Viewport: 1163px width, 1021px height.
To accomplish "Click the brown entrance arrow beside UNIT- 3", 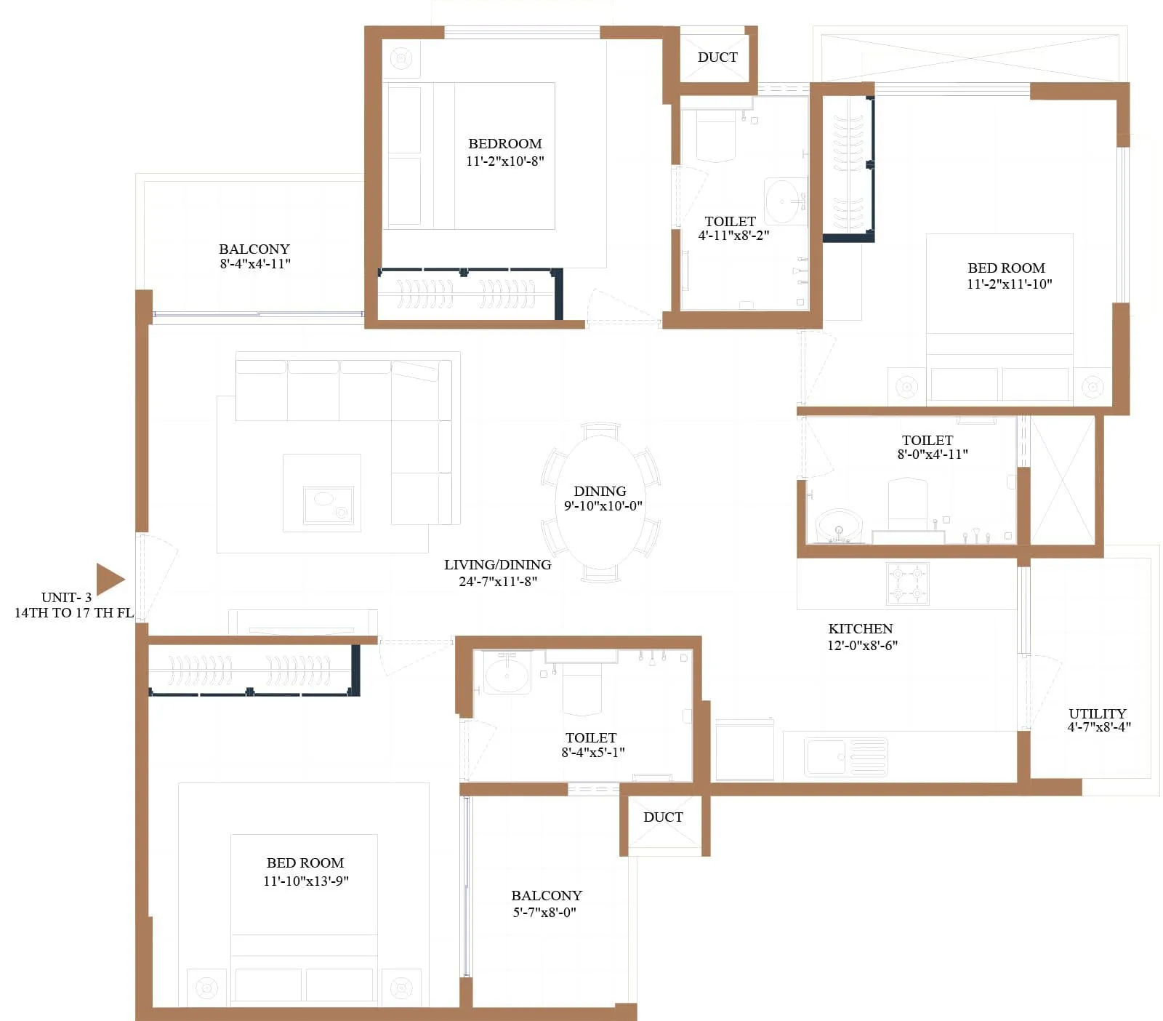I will coord(110,580).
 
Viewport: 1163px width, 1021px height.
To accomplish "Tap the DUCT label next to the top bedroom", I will coord(717,57).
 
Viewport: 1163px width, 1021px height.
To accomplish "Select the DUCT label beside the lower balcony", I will coord(663,817).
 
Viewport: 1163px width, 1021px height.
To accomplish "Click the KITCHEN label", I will coord(861,629).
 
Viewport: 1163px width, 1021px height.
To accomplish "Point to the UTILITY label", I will coord(1097,713).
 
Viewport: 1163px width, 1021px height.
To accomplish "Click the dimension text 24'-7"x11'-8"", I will coord(498,581).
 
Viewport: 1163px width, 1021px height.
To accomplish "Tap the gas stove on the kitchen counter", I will coord(907,583).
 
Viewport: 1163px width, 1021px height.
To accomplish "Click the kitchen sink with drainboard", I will coord(846,756).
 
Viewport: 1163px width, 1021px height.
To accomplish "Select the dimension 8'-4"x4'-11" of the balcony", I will coord(255,264).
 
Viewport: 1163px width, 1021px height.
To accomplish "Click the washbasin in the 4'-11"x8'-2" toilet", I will coord(785,200).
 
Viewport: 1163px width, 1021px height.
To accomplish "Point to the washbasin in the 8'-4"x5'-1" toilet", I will coord(507,673).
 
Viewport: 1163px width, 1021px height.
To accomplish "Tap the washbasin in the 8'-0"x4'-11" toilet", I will coord(839,525).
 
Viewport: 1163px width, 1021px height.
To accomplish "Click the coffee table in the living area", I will coord(322,492).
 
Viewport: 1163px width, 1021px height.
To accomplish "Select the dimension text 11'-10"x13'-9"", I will coord(306,881).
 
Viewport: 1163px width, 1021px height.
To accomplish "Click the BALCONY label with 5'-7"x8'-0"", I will coord(547,896).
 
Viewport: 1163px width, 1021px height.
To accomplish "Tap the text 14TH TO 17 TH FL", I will coord(74,613).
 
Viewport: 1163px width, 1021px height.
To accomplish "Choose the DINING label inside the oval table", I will coord(600,492).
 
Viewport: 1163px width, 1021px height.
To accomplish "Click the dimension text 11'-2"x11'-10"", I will coord(1009,284).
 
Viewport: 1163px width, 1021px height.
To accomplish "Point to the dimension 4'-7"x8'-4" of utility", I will coord(1098,726).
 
